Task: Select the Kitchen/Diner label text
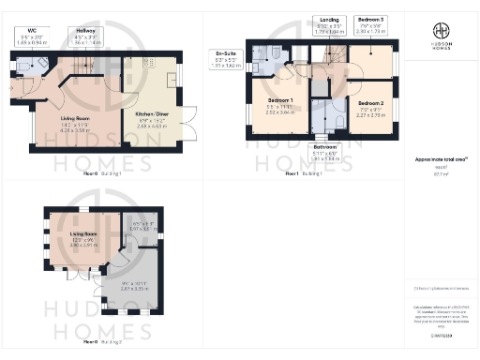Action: click(154, 114)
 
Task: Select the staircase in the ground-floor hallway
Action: click(85, 67)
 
